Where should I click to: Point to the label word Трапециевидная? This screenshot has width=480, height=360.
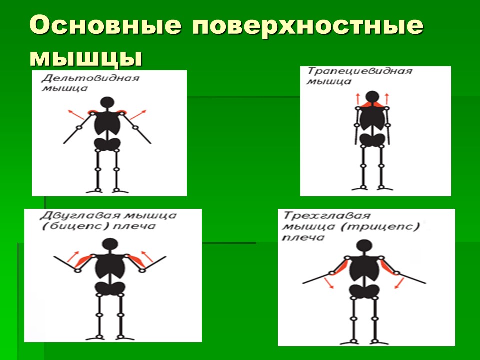click(360, 71)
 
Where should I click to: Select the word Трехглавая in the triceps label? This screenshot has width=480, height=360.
click(327, 216)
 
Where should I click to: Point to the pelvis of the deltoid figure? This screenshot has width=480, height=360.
click(107, 144)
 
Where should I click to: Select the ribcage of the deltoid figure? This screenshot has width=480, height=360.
click(107, 123)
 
